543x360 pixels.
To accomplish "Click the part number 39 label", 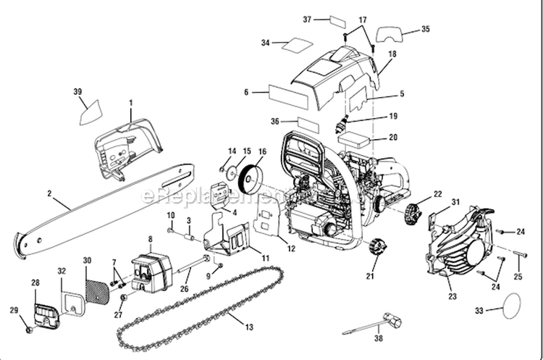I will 77,91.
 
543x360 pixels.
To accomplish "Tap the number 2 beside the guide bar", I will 49,193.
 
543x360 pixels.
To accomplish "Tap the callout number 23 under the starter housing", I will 452,296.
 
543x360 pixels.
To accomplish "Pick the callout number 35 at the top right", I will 425,29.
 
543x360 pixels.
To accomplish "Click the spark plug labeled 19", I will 338,125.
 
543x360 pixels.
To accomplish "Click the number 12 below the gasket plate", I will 291,248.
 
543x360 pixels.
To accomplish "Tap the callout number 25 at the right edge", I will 518,277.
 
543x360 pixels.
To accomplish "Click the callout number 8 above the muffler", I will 151,238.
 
